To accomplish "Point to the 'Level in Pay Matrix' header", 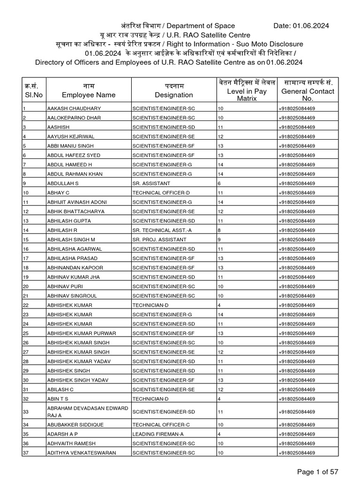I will (247, 95).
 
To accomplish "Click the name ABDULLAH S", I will (62, 183).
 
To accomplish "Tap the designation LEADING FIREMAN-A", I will (156, 434).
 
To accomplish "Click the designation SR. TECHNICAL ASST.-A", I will (161, 230).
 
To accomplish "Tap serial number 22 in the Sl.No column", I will (26, 305).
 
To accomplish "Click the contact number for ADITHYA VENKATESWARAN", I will (297, 453).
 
